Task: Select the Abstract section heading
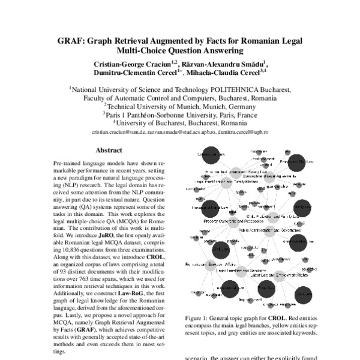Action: click(x=109, y=151)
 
